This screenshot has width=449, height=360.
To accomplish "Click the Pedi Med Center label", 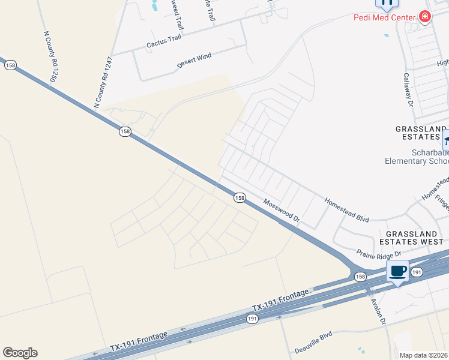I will (x=384, y=17).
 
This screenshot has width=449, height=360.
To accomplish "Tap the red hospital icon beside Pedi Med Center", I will (x=425, y=17).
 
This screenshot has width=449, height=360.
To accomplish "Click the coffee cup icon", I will (x=397, y=271).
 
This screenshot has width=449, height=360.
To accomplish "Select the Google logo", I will (x=20, y=353).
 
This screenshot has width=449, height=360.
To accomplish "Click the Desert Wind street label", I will (x=194, y=59).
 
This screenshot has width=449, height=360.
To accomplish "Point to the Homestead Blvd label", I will (x=346, y=209).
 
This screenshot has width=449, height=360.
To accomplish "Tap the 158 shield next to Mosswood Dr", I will (x=239, y=197).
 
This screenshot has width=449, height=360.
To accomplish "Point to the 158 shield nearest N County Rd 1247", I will (x=125, y=131).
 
